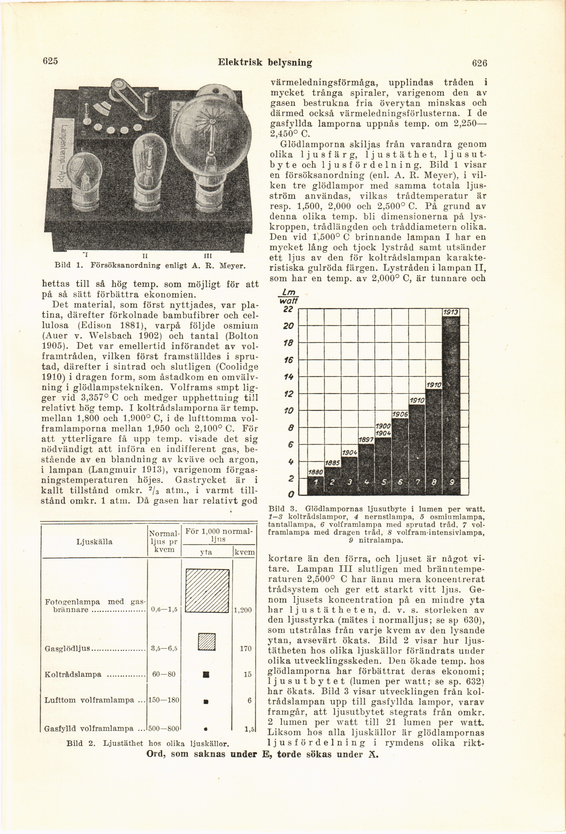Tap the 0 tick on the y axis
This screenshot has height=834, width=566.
click(291, 495)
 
